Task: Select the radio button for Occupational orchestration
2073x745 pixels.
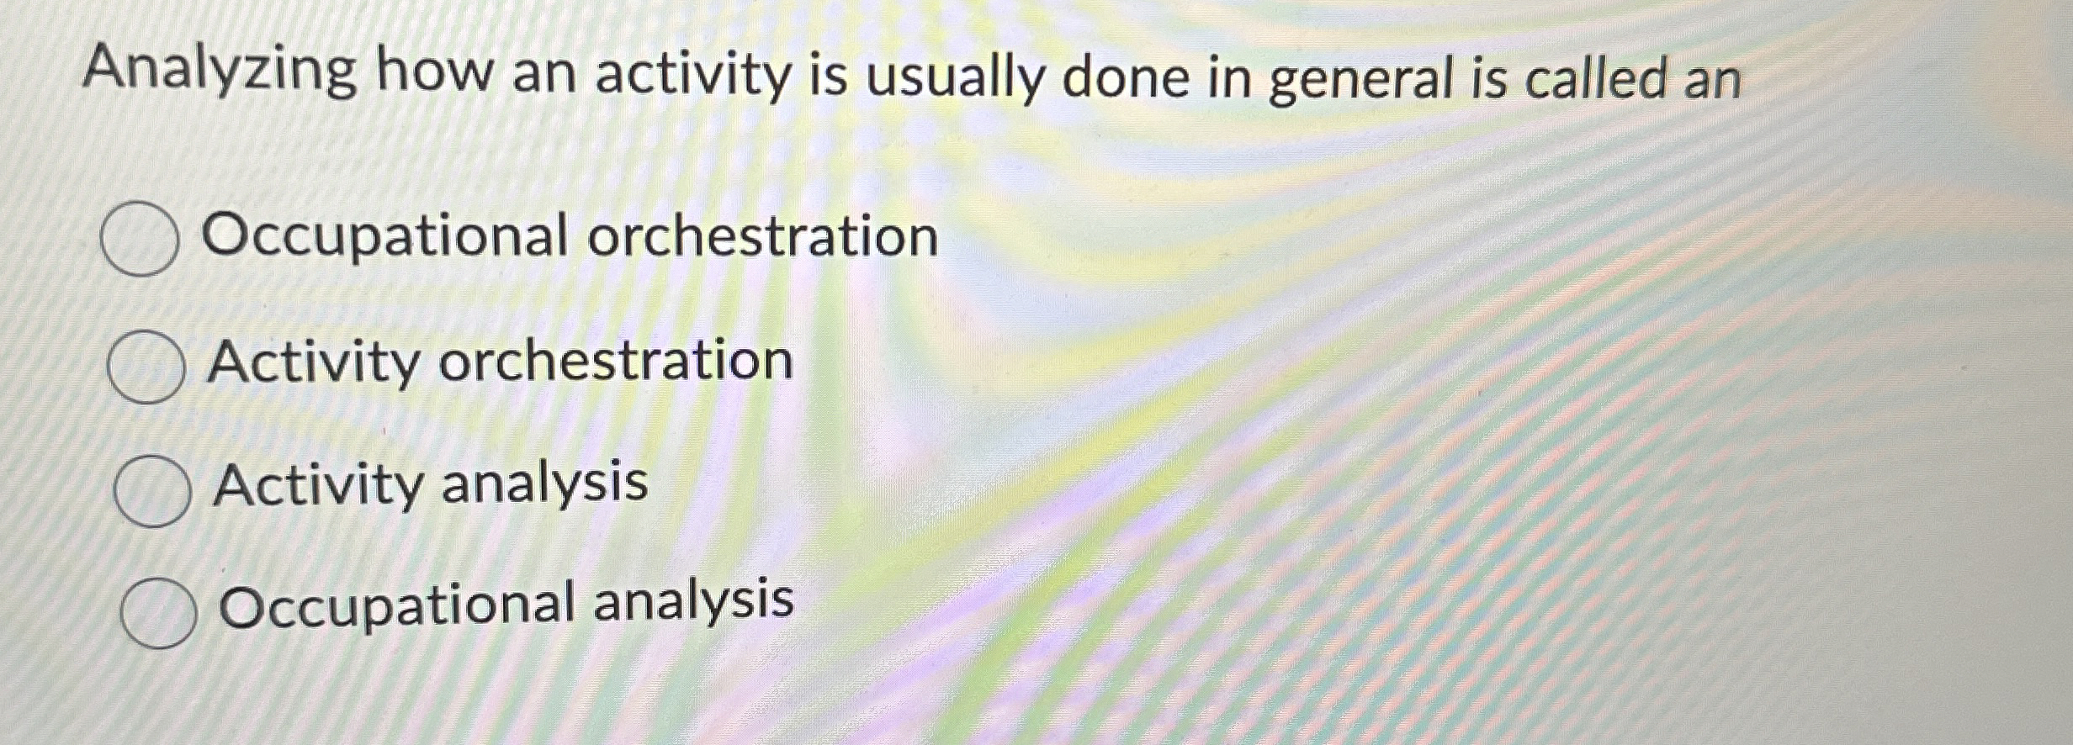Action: pyautogui.click(x=139, y=240)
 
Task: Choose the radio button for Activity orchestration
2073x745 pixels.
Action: pyautogui.click(x=146, y=366)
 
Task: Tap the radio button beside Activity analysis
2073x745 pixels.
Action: pyautogui.click(x=151, y=489)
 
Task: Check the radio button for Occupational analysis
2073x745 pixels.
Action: pyautogui.click(x=158, y=611)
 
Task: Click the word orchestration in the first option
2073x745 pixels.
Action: pyautogui.click(x=762, y=236)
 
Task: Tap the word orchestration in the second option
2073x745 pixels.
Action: pyautogui.click(x=616, y=362)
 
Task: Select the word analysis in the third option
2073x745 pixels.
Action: pyautogui.click(x=544, y=483)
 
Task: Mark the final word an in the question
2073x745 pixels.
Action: pyautogui.click(x=1710, y=80)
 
